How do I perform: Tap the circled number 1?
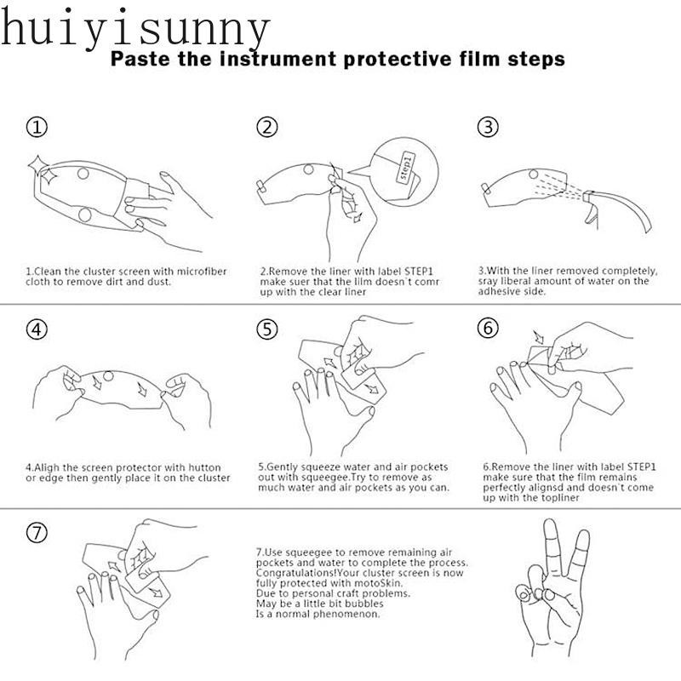37,127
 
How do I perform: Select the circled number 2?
266,127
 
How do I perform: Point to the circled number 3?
488,127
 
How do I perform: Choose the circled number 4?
37,329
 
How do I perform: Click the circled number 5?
266,329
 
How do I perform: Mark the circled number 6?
488,328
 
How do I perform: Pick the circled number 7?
37,533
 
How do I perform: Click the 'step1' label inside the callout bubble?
406,168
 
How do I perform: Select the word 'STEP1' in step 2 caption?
419,272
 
